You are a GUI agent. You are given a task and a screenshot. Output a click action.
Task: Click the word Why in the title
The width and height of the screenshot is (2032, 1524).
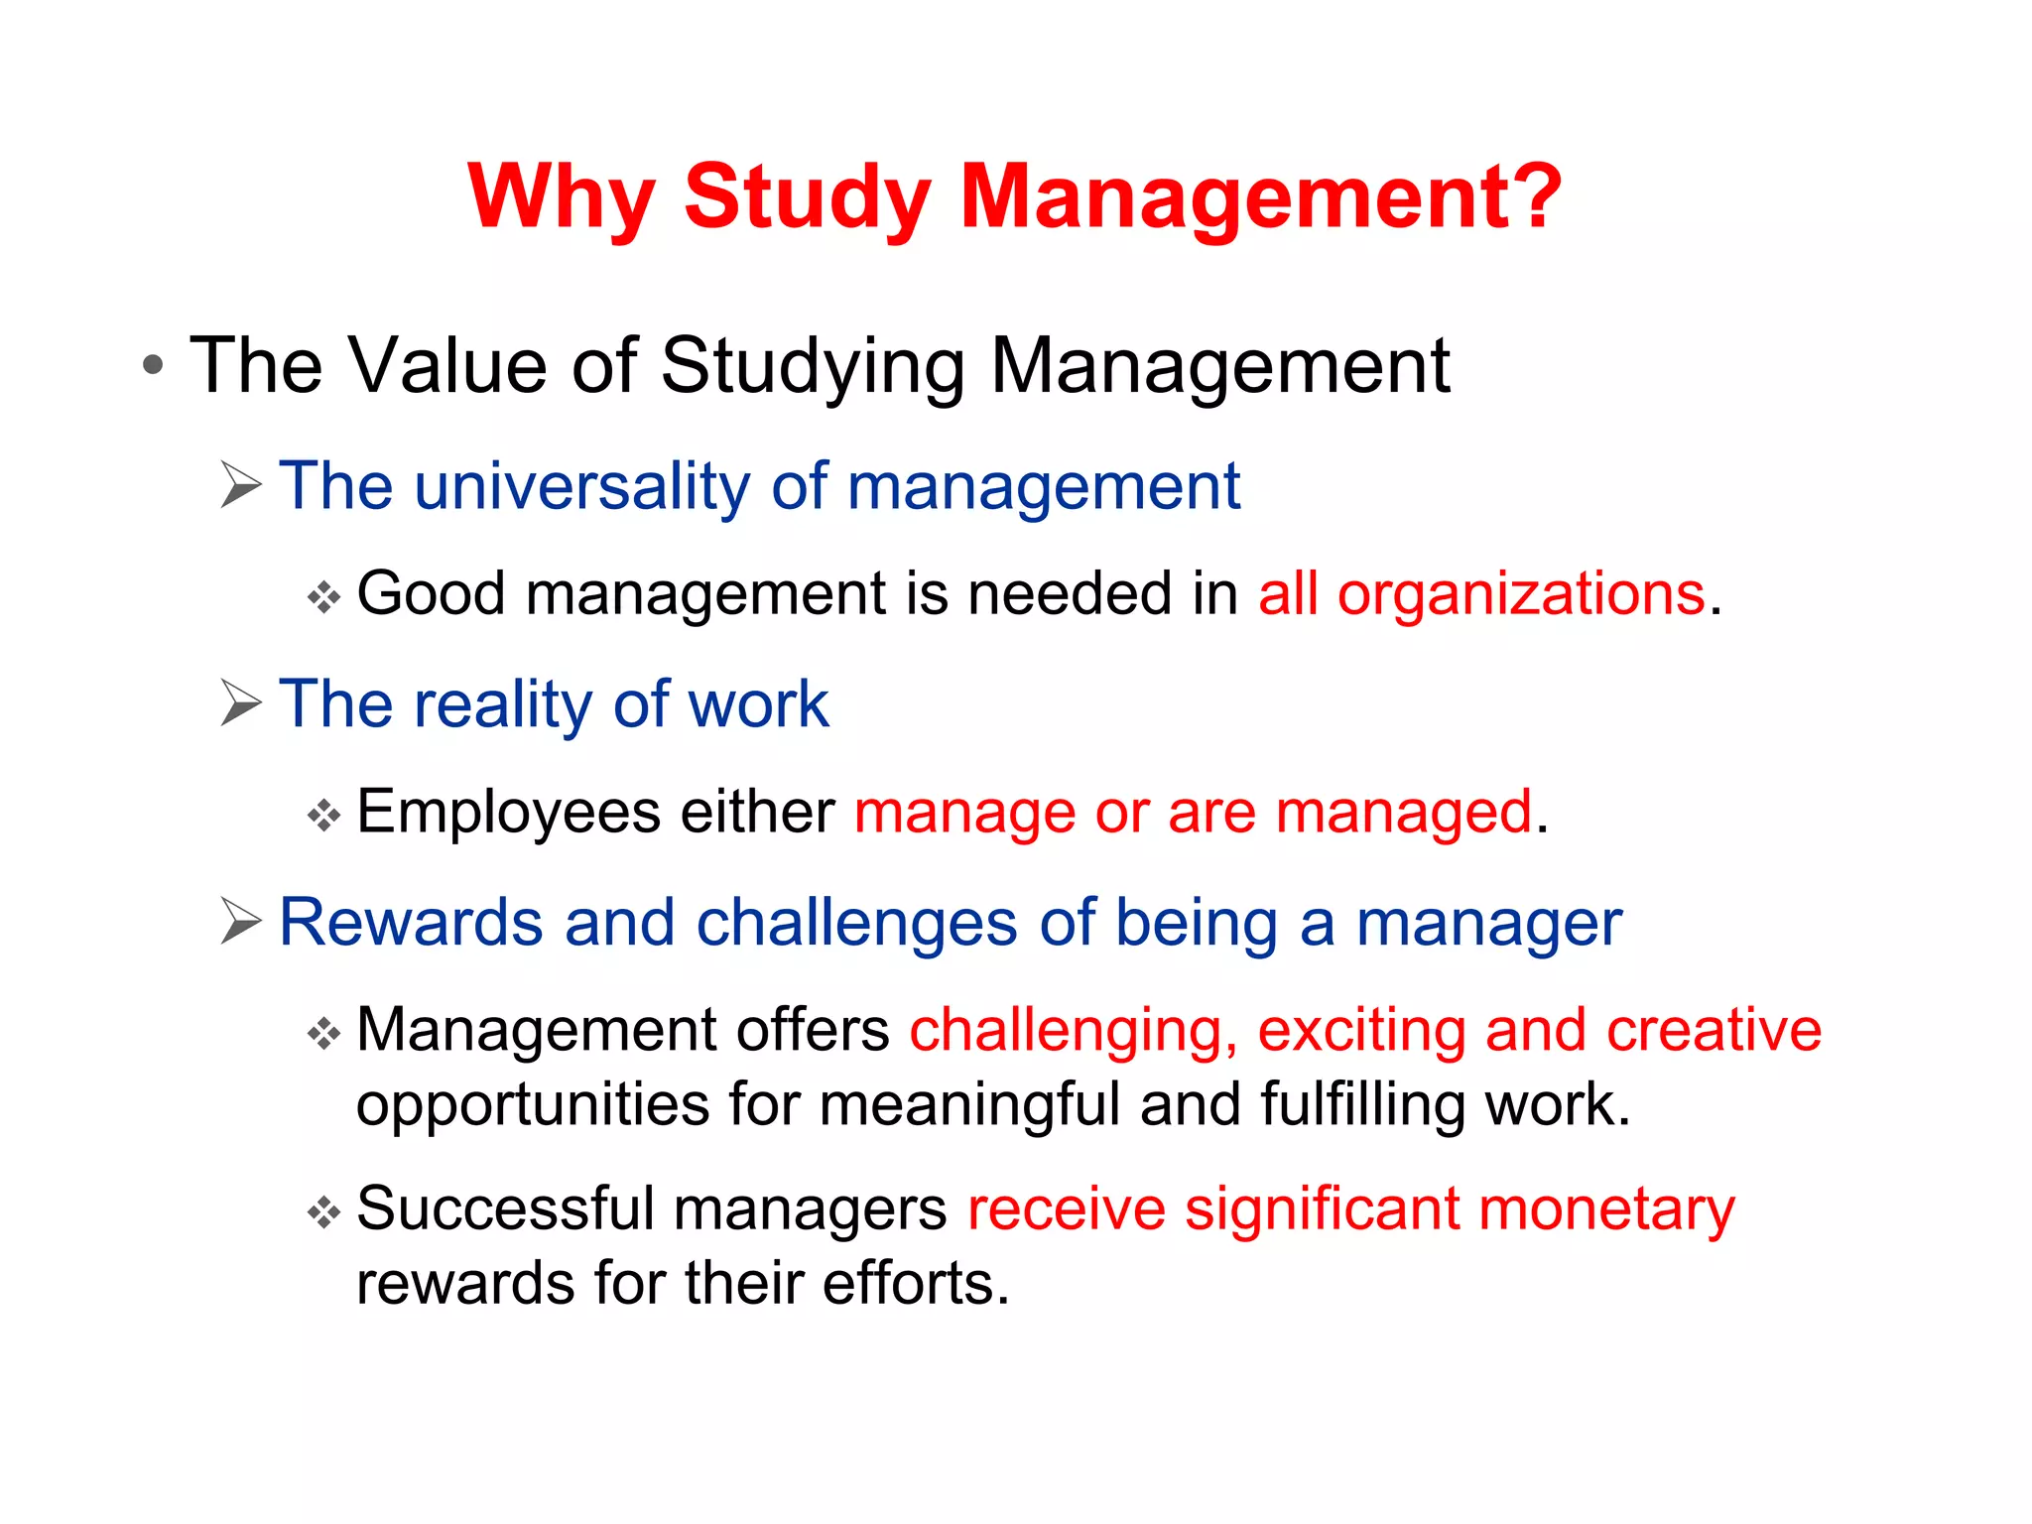(x=562, y=198)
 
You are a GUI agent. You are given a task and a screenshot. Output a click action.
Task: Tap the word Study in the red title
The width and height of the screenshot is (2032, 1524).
(x=807, y=198)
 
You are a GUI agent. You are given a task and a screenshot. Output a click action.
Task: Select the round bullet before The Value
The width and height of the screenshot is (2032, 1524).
(x=152, y=365)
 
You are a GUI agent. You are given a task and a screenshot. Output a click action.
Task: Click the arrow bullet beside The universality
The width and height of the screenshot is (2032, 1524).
(x=241, y=485)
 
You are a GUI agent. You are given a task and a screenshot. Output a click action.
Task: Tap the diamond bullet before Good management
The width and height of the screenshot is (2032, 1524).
(x=323, y=597)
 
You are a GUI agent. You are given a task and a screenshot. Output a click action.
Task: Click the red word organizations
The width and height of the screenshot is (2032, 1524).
(x=1521, y=595)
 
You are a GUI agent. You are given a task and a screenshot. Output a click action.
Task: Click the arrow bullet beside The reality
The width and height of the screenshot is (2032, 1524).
(x=241, y=703)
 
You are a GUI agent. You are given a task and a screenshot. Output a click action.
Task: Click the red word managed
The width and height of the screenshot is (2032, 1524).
(x=1403, y=814)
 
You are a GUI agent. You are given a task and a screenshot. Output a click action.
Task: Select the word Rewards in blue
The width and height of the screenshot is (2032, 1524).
(x=411, y=922)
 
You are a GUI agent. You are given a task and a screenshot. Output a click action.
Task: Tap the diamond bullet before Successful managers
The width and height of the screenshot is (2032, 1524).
(x=323, y=1211)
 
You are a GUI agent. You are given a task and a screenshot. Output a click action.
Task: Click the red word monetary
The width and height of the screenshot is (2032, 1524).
(x=1606, y=1210)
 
